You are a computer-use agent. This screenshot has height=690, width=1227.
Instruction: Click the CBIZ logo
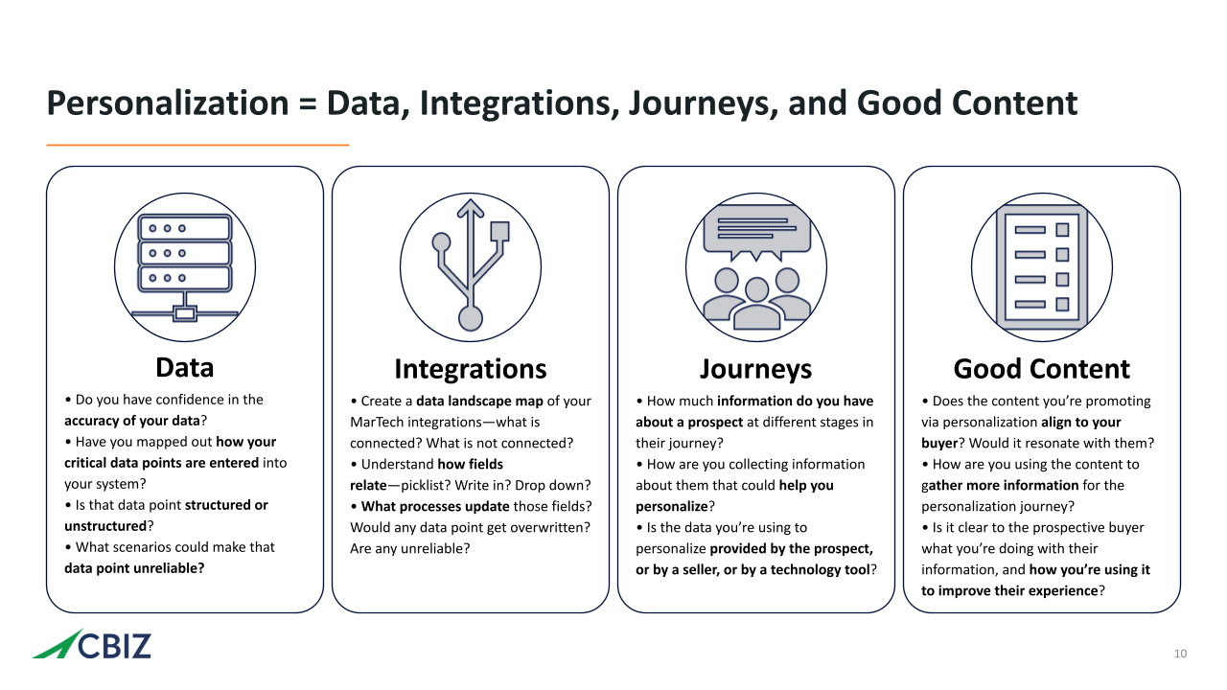point(91,645)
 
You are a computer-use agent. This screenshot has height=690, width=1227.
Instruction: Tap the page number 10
point(1180,654)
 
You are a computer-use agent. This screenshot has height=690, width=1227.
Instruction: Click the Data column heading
point(185,367)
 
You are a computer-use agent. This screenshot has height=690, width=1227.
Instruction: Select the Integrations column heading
point(471,369)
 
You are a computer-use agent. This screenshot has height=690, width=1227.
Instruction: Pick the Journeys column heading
point(756,370)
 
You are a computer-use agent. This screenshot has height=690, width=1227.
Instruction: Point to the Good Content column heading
point(1042,369)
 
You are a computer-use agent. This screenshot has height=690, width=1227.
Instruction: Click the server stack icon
point(185,267)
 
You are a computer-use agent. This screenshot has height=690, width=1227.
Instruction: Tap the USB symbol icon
point(471,265)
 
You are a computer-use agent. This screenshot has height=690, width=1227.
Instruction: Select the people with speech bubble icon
point(756,267)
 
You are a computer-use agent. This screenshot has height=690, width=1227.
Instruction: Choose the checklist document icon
point(1042,267)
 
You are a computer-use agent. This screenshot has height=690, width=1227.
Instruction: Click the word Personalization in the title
point(168,103)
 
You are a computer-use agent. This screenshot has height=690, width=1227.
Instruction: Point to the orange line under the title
point(197,145)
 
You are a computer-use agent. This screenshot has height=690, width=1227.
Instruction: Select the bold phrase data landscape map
point(479,401)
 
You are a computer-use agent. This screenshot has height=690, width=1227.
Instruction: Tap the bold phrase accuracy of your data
point(132,421)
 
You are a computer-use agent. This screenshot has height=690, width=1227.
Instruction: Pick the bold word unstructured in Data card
point(105,526)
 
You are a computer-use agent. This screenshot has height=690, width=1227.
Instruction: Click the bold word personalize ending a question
point(672,507)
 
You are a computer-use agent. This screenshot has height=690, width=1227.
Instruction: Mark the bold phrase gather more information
point(1000,486)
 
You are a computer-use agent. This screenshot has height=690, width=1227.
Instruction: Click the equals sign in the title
point(308,104)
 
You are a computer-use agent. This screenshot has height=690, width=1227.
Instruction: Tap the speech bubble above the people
point(756,233)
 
